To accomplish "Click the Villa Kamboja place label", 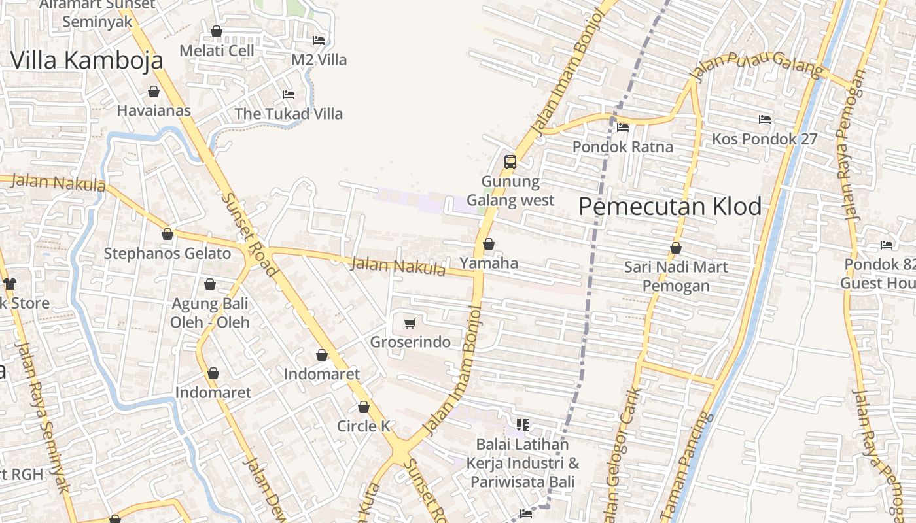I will pyautogui.click(x=86, y=60).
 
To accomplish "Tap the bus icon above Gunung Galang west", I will pyautogui.click(x=510, y=161).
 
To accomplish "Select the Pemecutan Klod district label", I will pyautogui.click(x=670, y=207).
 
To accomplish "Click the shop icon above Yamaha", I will pyautogui.click(x=488, y=245).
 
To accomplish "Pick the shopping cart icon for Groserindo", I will pyautogui.click(x=410, y=323).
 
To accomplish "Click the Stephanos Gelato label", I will pyautogui.click(x=167, y=254).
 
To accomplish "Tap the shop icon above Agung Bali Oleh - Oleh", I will pyautogui.click(x=210, y=284).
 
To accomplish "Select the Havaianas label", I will pyautogui.click(x=154, y=110).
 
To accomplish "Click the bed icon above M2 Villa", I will pyautogui.click(x=319, y=40).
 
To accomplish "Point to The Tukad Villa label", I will pyautogui.click(x=289, y=114).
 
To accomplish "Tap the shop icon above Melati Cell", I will pyautogui.click(x=217, y=31).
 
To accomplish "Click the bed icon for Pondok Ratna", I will pyautogui.click(x=623, y=127).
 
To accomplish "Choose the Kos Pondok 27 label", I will pyautogui.click(x=764, y=139).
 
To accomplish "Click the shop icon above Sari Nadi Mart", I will pyautogui.click(x=676, y=248).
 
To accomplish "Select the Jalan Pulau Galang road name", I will pyautogui.click(x=756, y=67).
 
